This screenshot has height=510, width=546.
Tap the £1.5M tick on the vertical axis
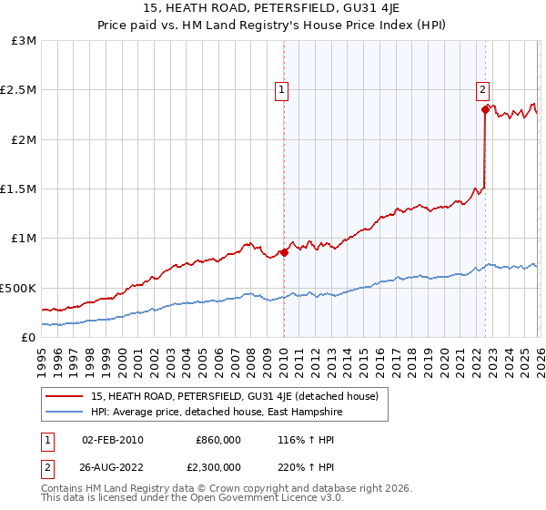coord(18,189)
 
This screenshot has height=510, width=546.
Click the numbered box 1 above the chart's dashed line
coord(283,89)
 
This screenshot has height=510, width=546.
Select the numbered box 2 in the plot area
coord(481,89)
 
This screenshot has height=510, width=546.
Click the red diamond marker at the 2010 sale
coord(284,252)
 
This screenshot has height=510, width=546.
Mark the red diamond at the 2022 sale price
coord(485,110)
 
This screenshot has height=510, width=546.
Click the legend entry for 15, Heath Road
coord(240,395)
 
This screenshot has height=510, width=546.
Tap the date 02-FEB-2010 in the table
coord(113,440)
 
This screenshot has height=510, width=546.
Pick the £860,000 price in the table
coord(217,440)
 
